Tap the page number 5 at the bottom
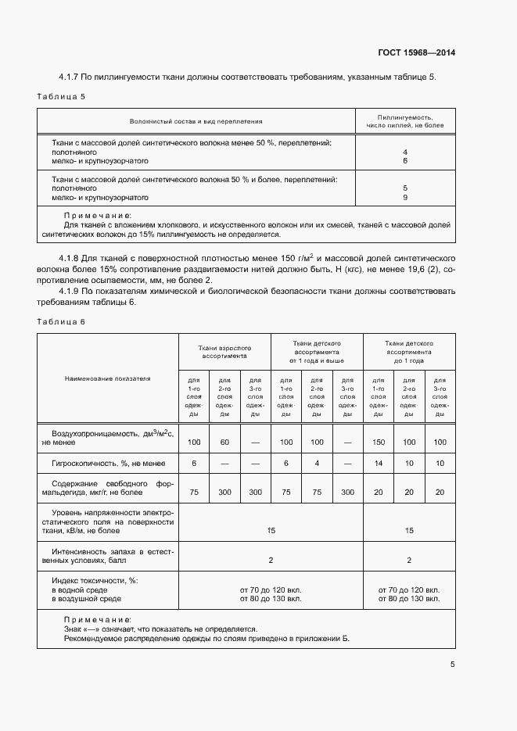click(452, 665)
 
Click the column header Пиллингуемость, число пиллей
click(405, 121)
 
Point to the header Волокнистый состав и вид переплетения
click(196, 121)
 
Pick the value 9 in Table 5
click(405, 198)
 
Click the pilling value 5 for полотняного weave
click(405, 188)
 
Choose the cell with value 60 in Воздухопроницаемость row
click(224, 443)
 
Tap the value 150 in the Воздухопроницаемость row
click(378, 443)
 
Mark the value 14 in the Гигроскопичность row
click(378, 464)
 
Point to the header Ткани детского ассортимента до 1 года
click(408, 352)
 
